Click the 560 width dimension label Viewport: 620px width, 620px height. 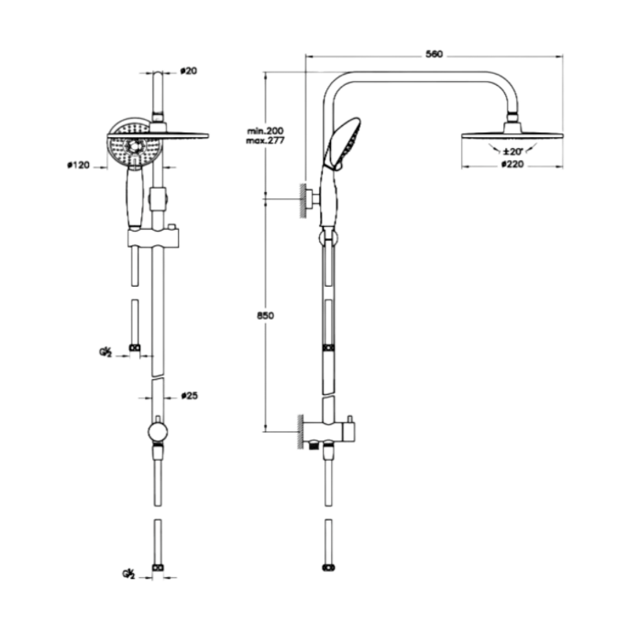pyautogui.click(x=434, y=54)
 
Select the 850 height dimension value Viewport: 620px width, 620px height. pyautogui.click(x=265, y=315)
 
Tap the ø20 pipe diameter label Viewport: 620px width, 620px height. pyautogui.click(x=188, y=71)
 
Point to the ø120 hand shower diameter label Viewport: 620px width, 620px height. pyautogui.click(x=79, y=165)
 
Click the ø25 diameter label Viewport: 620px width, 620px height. pyautogui.click(x=188, y=395)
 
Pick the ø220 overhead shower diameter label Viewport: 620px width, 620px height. pyautogui.click(x=513, y=165)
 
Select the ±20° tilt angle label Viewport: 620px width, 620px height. pyautogui.click(x=514, y=150)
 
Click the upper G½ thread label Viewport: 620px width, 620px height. pyautogui.click(x=105, y=352)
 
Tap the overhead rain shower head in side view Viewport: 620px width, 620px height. pyautogui.click(x=513, y=135)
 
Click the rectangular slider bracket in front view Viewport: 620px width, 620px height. pyautogui.click(x=154, y=237)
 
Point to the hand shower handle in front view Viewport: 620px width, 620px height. pyautogui.click(x=136, y=197)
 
